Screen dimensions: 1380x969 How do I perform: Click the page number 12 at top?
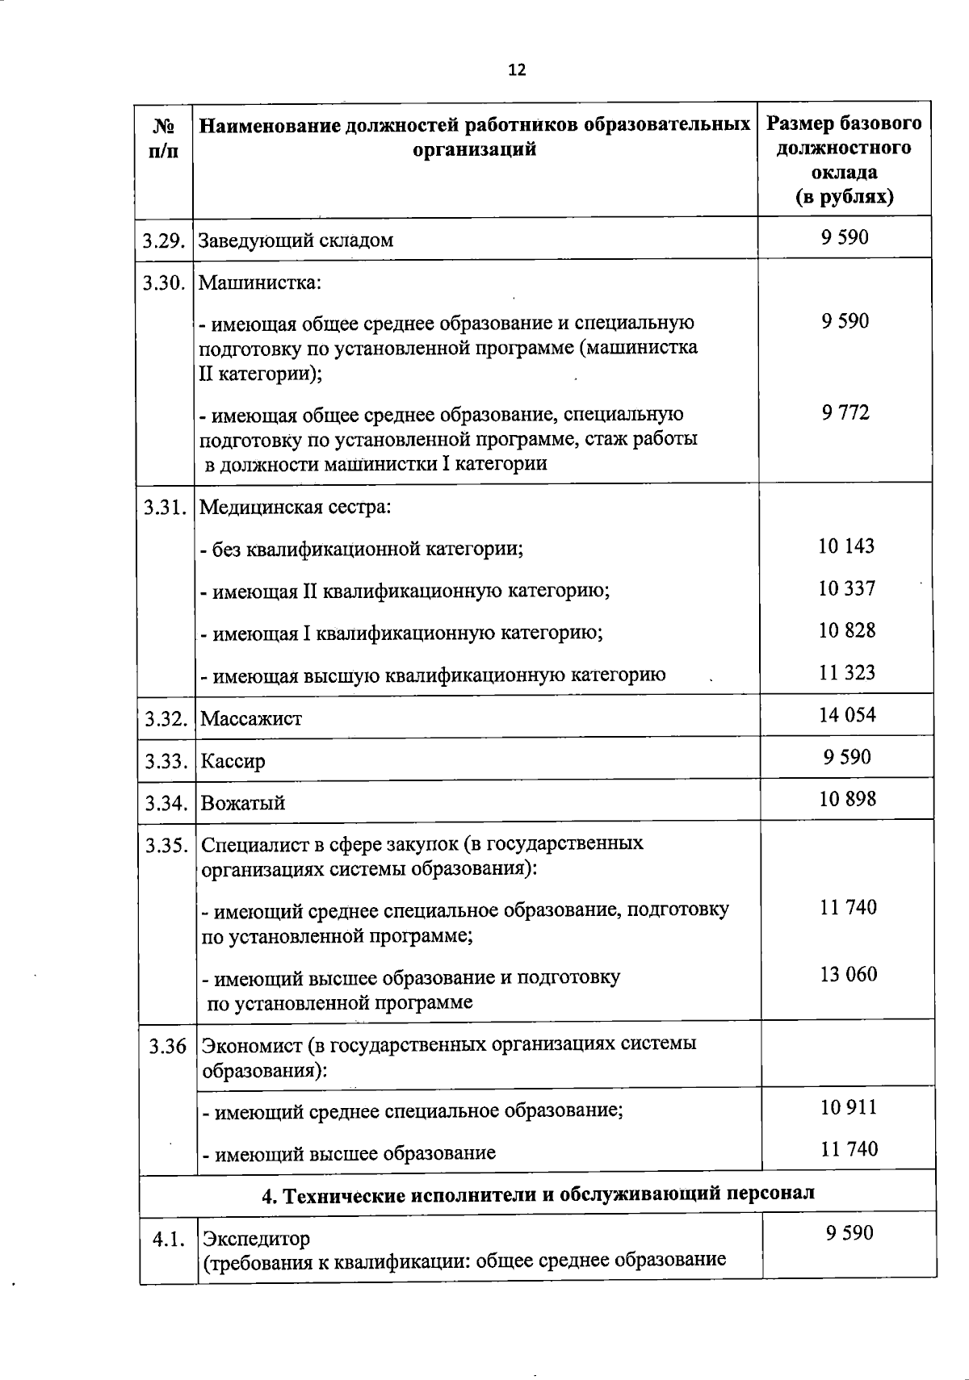point(517,70)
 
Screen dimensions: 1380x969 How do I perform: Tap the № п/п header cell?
point(164,138)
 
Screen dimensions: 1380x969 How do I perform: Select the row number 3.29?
point(165,240)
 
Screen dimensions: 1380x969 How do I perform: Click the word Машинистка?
point(260,283)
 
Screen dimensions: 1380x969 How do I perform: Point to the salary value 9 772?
point(845,413)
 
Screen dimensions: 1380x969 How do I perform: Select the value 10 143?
point(846,546)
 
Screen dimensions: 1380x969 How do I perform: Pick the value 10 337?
point(846,588)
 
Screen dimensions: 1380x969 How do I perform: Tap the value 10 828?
point(846,630)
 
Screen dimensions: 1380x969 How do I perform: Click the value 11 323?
point(847,672)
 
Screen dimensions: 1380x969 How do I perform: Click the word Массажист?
point(251,718)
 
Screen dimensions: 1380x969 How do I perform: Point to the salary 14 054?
point(847,715)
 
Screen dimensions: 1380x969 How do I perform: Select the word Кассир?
point(233,761)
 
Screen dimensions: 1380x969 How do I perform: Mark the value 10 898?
point(847,799)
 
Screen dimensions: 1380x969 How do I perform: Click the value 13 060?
point(848,974)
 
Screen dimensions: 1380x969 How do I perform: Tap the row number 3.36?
point(167,1047)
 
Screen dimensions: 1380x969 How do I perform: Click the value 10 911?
point(848,1108)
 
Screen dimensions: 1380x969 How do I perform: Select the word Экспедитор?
point(255,1238)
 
